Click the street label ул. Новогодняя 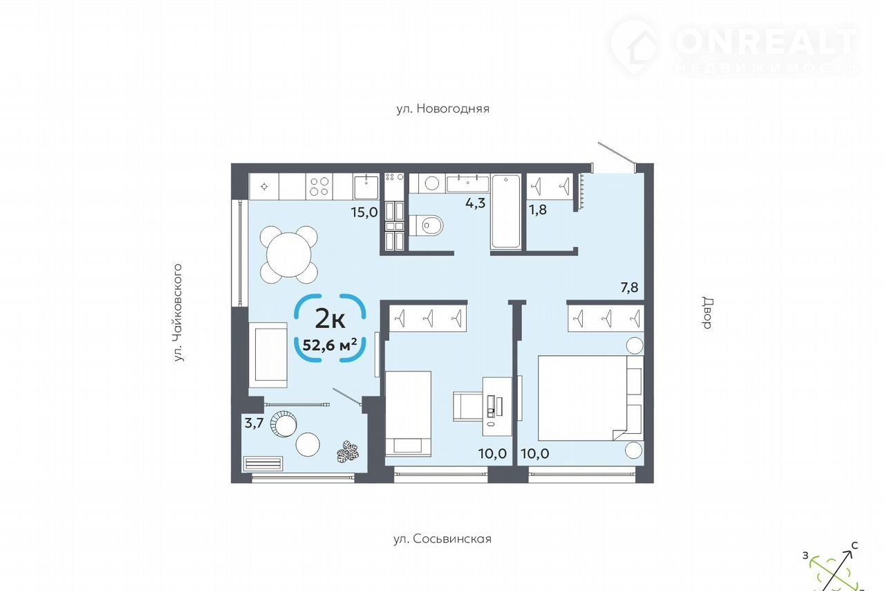point(443,109)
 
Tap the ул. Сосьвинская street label point(442,539)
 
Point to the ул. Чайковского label point(178,313)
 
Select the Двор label point(707,313)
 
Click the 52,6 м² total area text point(330,345)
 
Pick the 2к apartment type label point(330,320)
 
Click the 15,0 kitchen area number point(364,212)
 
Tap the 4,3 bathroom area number point(475,203)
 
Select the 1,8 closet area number point(538,209)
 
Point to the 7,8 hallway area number point(629,287)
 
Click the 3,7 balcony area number point(254,423)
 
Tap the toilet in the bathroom point(426,226)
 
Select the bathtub point(505,212)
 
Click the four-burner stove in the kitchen point(319,187)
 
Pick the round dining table point(289,255)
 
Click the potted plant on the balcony point(348,451)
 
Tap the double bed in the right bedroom point(591,398)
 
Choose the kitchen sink point(366,187)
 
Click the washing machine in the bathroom point(432,183)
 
